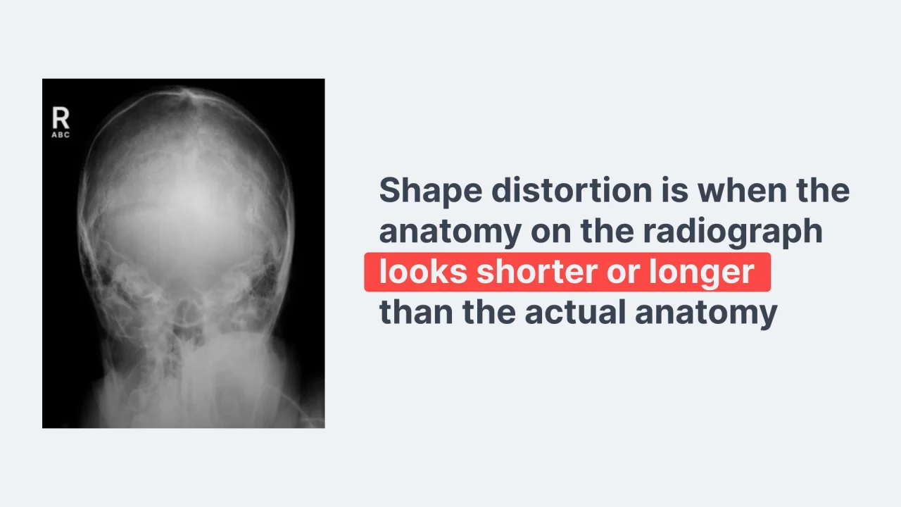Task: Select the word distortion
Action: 572,190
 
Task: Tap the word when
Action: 742,190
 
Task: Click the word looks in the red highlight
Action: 423,272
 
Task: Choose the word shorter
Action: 537,272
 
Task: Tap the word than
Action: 416,311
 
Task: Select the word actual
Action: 575,311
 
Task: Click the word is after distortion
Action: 675,190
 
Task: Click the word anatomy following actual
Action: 706,314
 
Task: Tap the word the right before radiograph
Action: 607,230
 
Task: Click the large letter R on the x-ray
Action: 61,118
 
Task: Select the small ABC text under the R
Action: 61,134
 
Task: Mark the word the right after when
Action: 823,190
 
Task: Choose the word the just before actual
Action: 489,311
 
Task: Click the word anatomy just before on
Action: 450,233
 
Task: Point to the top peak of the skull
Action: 186,89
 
